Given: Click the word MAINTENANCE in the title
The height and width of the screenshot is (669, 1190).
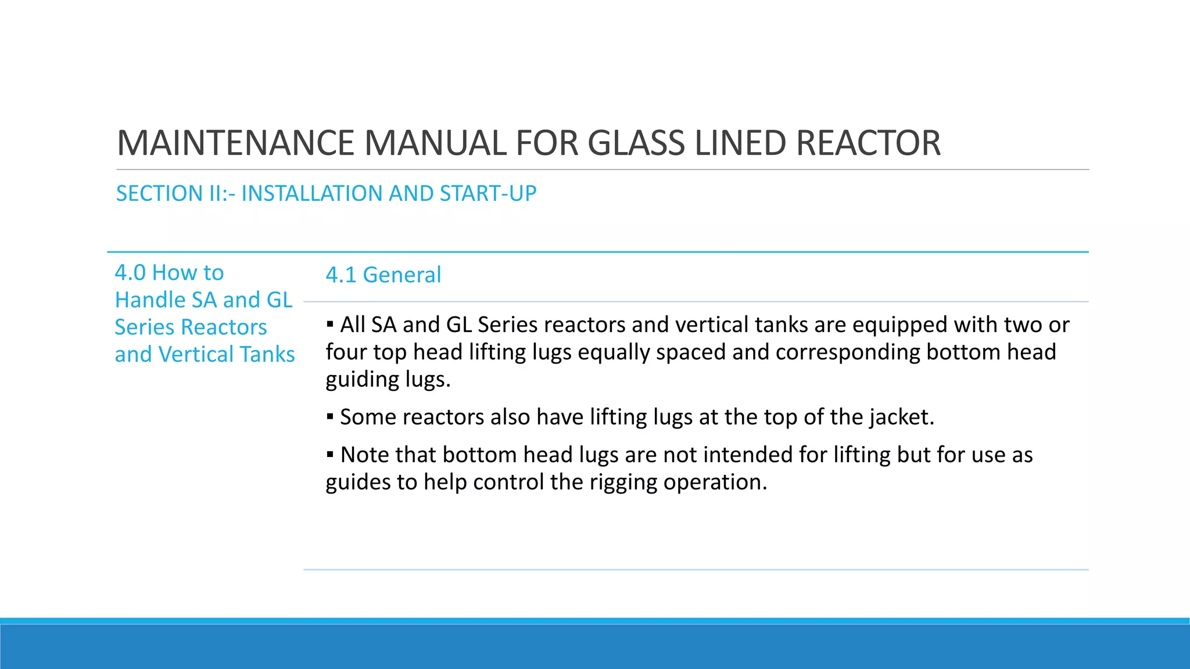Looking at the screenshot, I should click(x=235, y=143).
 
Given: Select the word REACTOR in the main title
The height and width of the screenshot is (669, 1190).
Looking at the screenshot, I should click(x=868, y=143).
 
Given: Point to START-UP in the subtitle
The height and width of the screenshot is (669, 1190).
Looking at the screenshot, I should click(x=488, y=193).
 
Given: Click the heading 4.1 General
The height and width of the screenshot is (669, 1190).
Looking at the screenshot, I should click(x=383, y=275).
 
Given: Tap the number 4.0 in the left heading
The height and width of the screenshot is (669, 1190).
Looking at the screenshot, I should click(x=130, y=273).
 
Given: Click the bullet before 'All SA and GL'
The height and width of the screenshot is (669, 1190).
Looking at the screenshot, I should click(x=330, y=323).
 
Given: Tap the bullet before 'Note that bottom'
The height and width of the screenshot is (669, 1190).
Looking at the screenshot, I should click(x=330, y=454).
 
